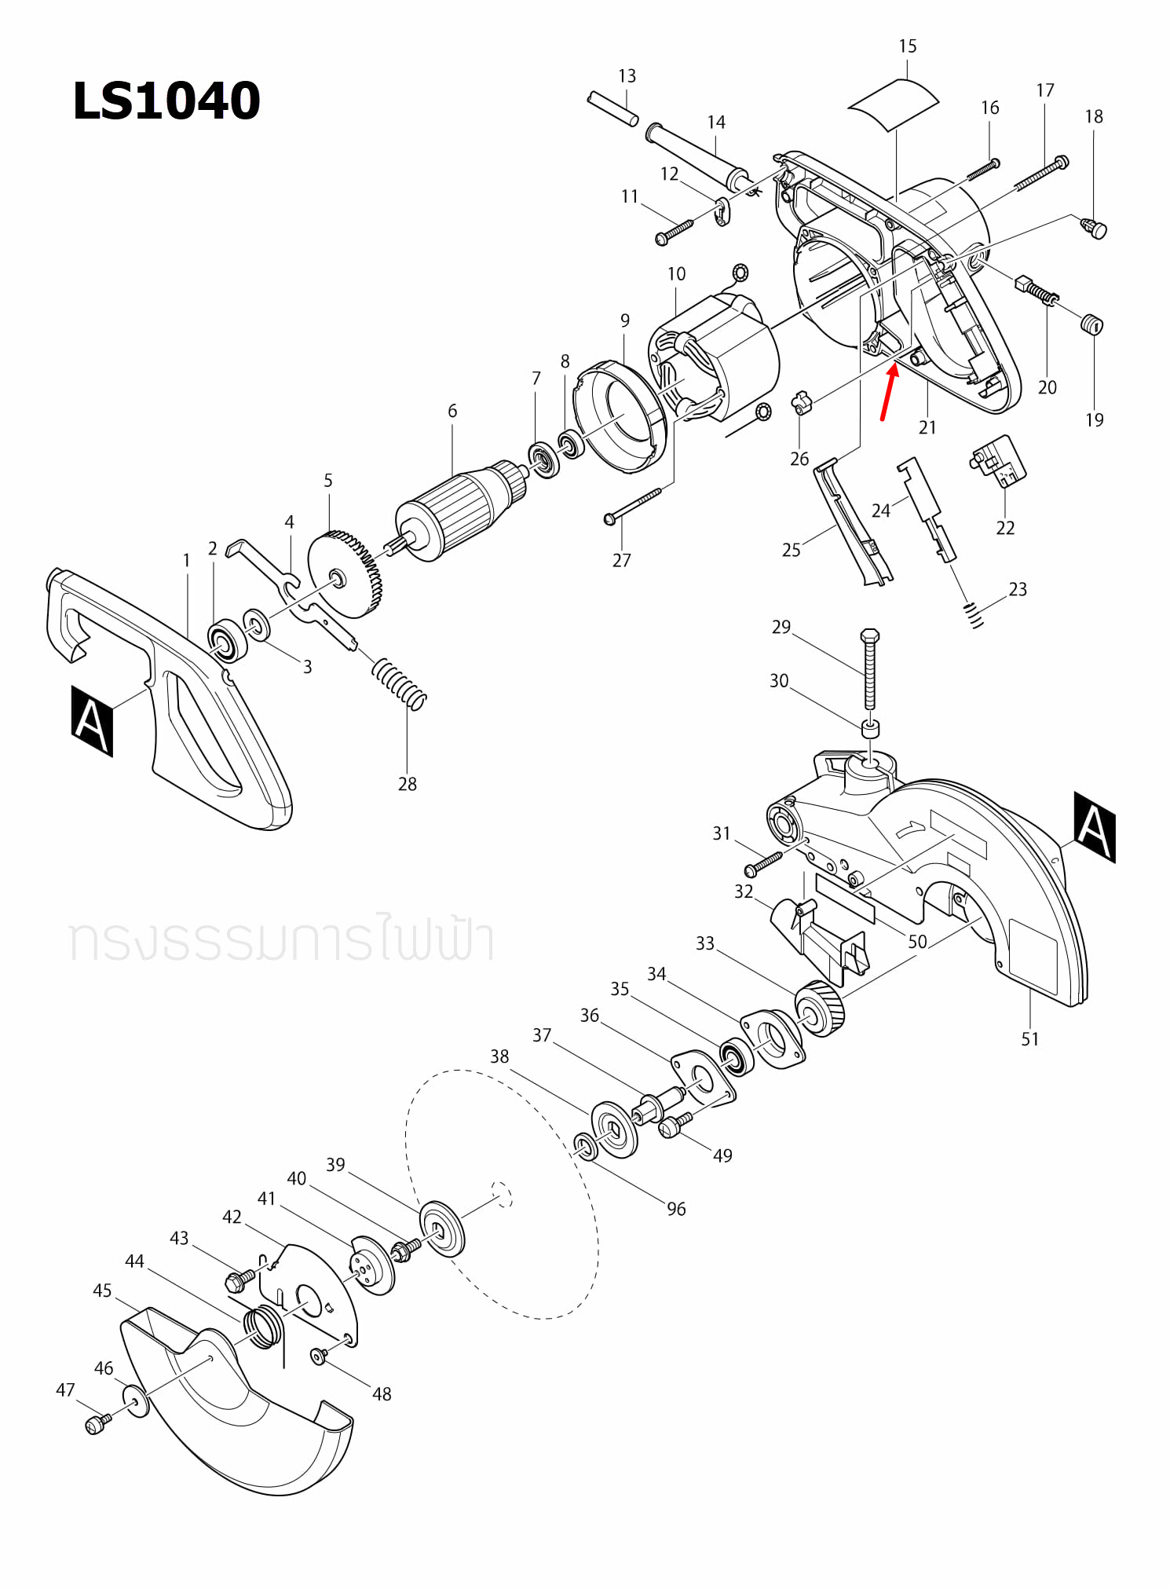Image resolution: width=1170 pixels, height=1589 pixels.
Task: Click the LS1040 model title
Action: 166,101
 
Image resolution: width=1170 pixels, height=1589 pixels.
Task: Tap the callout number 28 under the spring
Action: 407,784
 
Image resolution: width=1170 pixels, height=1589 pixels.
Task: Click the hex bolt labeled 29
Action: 869,668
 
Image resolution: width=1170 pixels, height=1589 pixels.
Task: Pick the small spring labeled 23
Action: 974,615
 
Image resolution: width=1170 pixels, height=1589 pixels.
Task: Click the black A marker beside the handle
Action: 92,720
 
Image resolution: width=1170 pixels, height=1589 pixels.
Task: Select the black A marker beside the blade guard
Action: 1095,827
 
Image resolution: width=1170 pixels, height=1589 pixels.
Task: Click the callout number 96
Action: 676,1210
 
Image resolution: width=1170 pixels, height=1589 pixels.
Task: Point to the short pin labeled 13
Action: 612,109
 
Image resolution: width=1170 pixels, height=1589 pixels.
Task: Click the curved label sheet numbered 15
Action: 894,103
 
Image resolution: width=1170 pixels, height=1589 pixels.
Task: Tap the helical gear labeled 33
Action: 820,1009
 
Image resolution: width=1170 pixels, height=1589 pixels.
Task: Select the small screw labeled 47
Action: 97,1424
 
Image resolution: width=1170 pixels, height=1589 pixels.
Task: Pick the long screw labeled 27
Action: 633,505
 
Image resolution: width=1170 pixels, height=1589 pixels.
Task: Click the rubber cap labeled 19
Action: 1092,324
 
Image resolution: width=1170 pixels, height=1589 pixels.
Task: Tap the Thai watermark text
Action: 280,940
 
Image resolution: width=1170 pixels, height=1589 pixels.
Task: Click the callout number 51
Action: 1029,1039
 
